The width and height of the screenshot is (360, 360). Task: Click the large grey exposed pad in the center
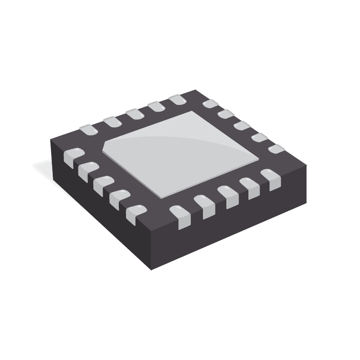180,153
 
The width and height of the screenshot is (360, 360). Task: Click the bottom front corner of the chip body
151,269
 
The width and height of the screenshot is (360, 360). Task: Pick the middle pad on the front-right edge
227,197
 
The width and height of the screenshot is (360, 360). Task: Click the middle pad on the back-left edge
134,114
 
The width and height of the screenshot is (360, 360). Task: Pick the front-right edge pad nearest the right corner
270,178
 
